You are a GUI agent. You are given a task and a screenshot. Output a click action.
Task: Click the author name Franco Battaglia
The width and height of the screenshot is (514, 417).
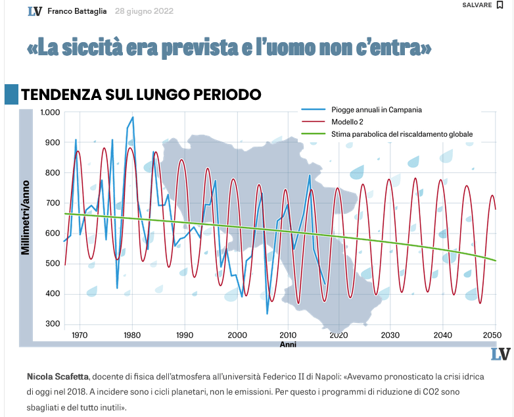[x=77, y=11]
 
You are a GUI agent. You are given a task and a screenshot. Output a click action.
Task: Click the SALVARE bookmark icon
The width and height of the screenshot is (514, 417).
[x=500, y=5]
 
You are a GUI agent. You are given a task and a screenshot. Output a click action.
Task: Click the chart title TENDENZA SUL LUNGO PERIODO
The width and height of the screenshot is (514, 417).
[x=141, y=95]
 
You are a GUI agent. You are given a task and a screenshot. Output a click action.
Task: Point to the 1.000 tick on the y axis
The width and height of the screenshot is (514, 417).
[x=50, y=112]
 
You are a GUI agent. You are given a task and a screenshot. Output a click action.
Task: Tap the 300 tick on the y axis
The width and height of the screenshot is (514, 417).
[x=53, y=324]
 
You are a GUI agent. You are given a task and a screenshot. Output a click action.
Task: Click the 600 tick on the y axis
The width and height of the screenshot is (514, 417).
[x=53, y=233]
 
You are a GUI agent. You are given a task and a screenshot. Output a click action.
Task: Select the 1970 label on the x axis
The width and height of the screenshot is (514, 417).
[x=80, y=335]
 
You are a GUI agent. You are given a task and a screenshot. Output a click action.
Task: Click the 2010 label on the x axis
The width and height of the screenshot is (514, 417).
[x=288, y=335]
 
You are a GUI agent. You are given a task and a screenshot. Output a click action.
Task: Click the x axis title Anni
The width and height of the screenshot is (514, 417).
[x=288, y=344]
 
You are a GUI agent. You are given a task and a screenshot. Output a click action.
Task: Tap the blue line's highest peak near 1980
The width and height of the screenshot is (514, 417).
[x=133, y=118]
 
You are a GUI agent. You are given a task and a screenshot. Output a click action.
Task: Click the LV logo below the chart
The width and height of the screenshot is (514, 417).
[x=500, y=354]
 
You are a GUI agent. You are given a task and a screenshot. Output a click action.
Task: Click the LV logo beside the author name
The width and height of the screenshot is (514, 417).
[x=35, y=11]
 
